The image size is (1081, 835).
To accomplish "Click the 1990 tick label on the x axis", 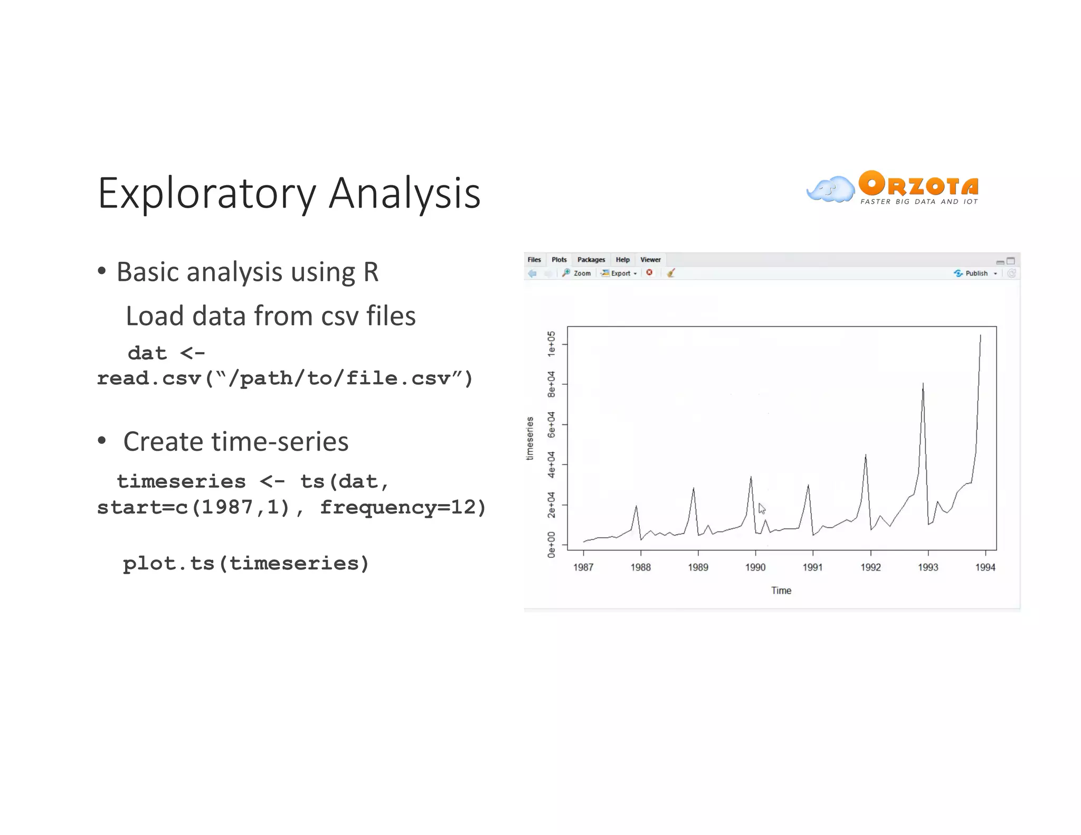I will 755,567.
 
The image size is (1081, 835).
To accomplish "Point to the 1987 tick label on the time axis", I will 583,567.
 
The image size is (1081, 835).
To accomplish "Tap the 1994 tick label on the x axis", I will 985,567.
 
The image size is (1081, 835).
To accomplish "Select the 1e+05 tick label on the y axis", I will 551,344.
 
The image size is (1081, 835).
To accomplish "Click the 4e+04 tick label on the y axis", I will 551,464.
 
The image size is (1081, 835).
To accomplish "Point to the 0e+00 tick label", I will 551,545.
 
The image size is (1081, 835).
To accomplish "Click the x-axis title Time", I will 781,591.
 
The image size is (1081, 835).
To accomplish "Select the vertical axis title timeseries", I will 530,439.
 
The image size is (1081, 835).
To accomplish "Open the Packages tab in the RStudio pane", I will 591,260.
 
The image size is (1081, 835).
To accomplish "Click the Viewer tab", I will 650,260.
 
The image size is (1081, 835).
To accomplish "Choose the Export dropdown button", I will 620,273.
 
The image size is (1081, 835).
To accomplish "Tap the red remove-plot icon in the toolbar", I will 649,273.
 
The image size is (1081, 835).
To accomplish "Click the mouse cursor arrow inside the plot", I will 762,508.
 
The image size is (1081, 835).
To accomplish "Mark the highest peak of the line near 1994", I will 980,335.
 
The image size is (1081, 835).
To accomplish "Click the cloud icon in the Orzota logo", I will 830,189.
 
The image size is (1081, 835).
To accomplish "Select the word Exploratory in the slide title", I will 206,194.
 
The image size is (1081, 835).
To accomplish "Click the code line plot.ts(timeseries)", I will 246,564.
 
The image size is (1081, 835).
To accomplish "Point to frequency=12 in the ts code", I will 403,507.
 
